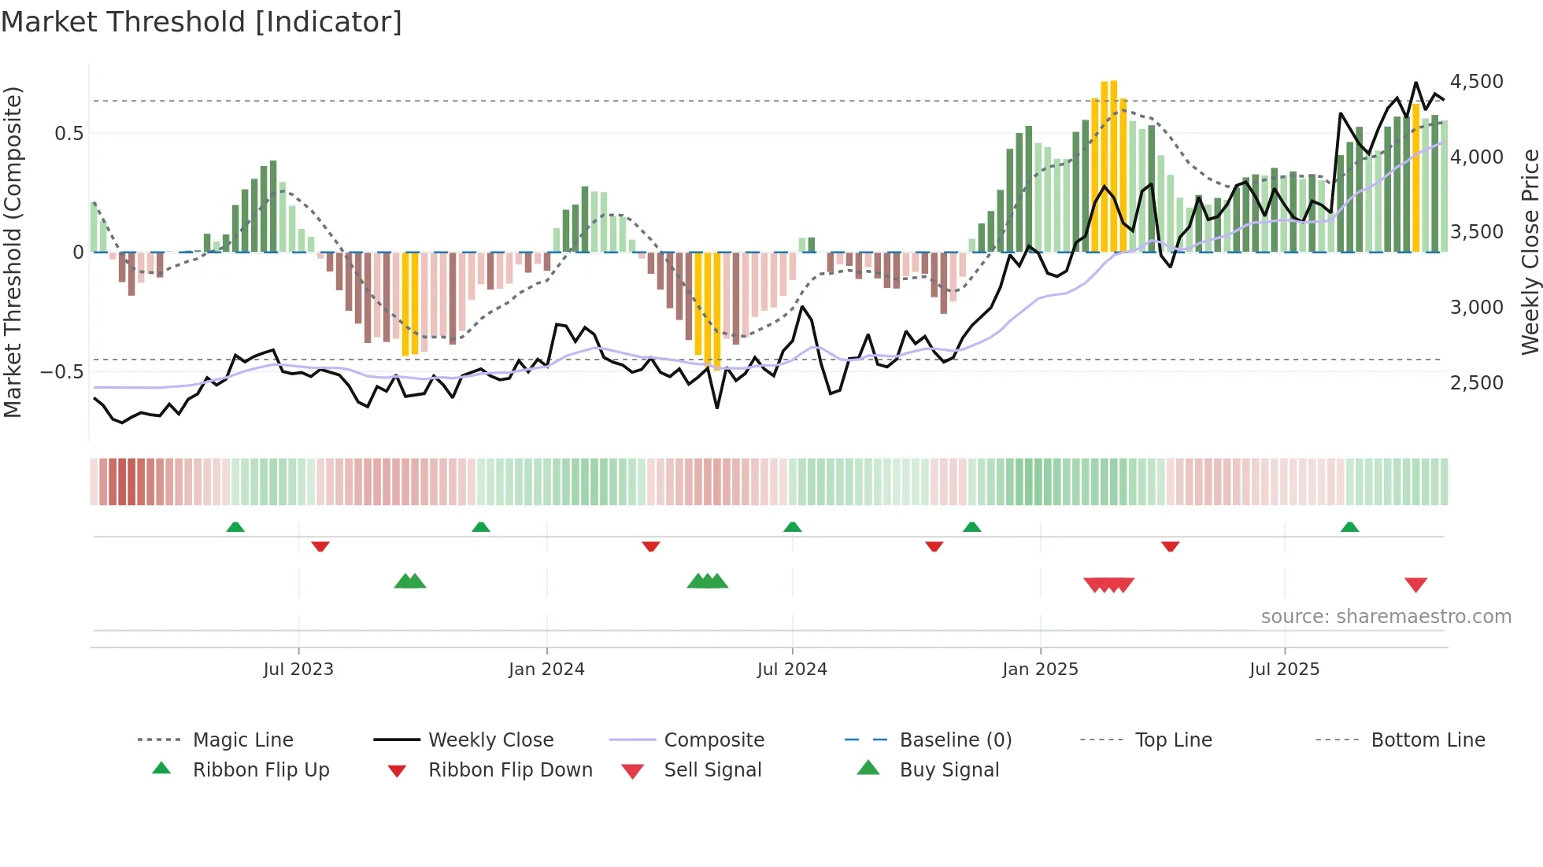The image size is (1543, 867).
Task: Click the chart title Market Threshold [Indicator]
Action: [202, 22]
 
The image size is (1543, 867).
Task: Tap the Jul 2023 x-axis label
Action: [298, 670]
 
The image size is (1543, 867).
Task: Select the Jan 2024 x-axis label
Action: [546, 670]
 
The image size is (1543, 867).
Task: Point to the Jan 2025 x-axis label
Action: [1040, 670]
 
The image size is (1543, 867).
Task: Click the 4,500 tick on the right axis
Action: [1476, 82]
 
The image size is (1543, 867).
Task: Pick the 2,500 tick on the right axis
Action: [1476, 383]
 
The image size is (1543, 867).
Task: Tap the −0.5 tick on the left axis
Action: [61, 371]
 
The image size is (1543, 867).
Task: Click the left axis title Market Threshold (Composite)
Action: [13, 252]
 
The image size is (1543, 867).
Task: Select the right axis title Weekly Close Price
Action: [1530, 252]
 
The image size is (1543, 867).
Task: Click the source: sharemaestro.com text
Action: [1386, 617]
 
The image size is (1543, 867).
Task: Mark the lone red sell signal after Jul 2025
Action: [1415, 585]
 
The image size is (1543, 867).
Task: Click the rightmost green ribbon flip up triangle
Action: [1349, 527]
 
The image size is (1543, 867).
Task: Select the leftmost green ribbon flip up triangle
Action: [235, 527]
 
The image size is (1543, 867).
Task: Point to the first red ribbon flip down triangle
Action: [320, 546]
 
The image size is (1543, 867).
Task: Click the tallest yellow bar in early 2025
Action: [1113, 165]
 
